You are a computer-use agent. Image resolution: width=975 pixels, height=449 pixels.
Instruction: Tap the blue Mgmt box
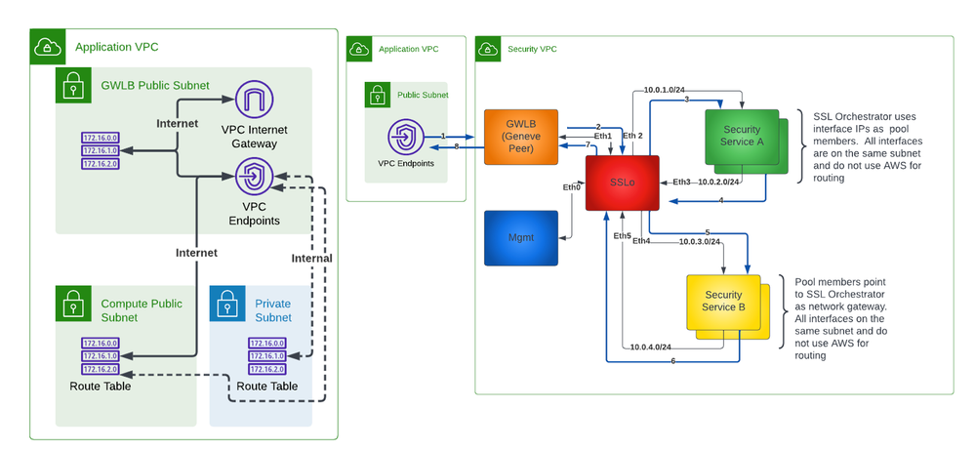(518, 237)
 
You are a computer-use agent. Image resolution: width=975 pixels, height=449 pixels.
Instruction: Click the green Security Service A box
(742, 136)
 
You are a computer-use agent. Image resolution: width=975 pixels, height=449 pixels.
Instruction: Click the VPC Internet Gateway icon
(255, 102)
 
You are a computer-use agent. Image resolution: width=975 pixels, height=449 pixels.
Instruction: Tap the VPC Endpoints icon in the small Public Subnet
(405, 138)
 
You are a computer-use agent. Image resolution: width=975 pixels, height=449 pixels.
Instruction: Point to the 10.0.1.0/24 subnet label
(664, 91)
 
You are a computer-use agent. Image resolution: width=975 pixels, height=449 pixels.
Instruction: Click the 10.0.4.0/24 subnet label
(650, 347)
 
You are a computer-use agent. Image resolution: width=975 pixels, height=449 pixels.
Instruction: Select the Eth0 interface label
(571, 186)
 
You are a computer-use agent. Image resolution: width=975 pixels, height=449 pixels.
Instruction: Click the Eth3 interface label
(681, 182)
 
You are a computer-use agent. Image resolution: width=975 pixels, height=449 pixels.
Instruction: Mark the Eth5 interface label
(622, 236)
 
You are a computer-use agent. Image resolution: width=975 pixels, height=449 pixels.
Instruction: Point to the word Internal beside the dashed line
(312, 259)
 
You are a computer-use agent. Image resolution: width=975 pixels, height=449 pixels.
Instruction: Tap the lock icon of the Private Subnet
(227, 304)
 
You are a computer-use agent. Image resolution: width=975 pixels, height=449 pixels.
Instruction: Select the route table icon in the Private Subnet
(265, 355)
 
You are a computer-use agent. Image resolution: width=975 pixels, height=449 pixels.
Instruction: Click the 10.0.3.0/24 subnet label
(699, 241)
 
